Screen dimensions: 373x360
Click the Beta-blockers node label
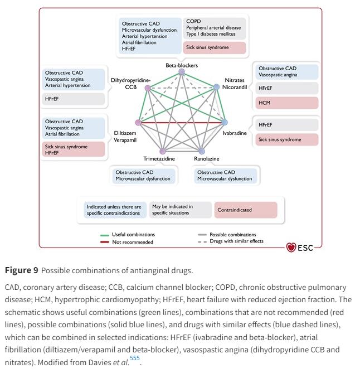pos(182,65)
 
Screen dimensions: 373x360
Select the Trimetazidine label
pos(159,159)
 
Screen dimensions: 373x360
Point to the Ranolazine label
pos(207,159)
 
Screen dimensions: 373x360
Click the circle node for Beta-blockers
pos(182,71)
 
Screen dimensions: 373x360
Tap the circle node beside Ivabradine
pos(225,122)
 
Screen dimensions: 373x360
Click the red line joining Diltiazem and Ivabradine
pos(182,123)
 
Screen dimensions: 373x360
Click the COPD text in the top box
pos(193,21)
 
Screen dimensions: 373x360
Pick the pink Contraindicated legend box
pos(246,210)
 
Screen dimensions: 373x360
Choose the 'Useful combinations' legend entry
pos(133,234)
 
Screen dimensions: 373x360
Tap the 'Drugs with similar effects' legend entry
pos(236,241)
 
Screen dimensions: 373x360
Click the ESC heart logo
pos(291,248)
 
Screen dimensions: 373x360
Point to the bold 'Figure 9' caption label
pos(22,270)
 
